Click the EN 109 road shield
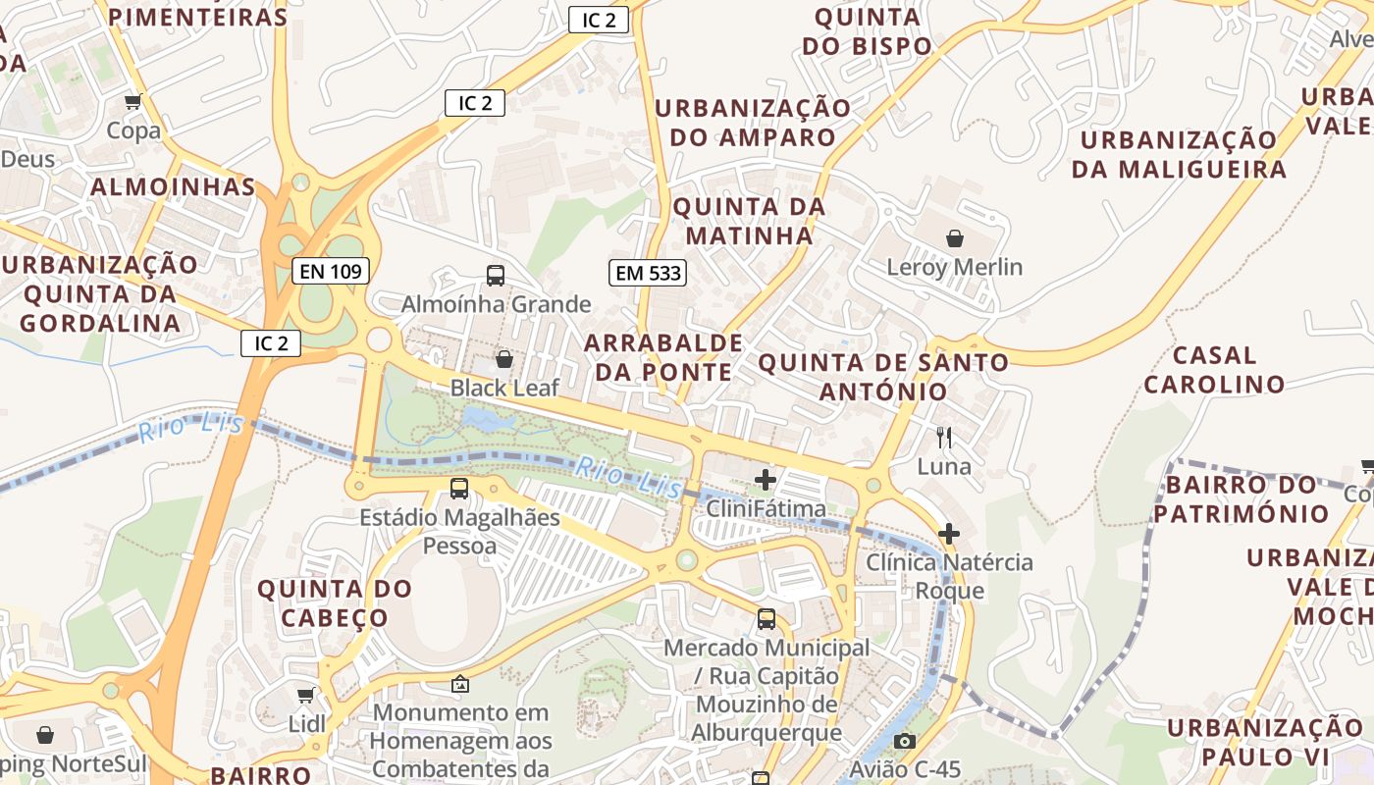[331, 271]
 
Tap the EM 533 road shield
[648, 273]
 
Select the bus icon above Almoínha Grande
[496, 276]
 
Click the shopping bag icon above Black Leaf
[504, 359]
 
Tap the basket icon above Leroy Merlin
[954, 237]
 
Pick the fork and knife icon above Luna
[944, 437]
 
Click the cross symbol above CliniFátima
[766, 480]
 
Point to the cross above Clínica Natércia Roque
[948, 534]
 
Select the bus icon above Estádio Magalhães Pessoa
[458, 488]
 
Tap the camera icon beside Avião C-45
[905, 741]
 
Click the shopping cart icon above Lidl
[306, 695]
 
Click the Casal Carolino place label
[1214, 369]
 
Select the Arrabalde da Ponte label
[663, 357]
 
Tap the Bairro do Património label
[1241, 498]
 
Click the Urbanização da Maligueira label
[1178, 154]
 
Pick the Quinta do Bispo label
[868, 31]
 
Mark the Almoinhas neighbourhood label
[174, 186]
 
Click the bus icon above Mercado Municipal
[766, 619]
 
